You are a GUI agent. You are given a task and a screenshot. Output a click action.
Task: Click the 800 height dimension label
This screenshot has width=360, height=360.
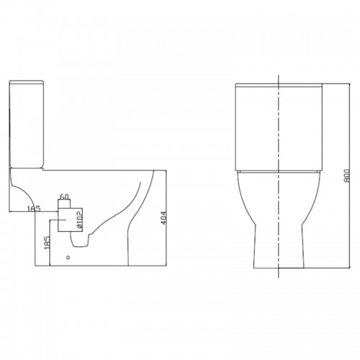click(x=347, y=176)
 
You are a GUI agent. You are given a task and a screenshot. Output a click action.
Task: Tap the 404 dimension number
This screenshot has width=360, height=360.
click(x=163, y=218)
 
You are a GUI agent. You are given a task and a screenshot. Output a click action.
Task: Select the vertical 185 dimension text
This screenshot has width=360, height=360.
click(x=48, y=242)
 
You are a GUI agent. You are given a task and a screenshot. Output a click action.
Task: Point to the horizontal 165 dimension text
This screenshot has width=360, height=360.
click(x=34, y=209)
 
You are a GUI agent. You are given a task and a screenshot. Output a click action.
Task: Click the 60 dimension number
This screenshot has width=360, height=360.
click(x=64, y=197)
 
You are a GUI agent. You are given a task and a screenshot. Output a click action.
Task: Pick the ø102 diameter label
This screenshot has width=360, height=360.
click(x=80, y=219)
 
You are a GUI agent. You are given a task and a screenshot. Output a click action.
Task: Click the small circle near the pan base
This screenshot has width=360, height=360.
click(x=68, y=257)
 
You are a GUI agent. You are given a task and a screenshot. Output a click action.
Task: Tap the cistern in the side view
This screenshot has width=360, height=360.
click(x=27, y=124)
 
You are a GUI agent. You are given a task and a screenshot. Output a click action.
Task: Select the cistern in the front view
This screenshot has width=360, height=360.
click(x=279, y=127)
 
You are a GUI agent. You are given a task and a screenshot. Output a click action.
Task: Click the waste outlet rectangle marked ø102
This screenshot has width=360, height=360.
click(x=70, y=220)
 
